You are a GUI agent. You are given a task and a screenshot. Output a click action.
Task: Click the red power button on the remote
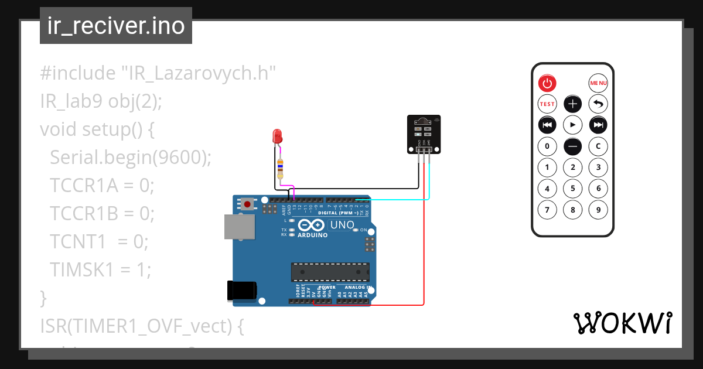pos(547,83)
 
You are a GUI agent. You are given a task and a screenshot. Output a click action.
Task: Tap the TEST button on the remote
pos(547,104)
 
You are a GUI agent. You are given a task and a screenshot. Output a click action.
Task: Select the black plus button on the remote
pos(572,104)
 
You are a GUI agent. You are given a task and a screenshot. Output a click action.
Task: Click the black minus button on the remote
pos(572,146)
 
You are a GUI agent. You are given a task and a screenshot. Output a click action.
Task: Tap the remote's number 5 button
pos(572,188)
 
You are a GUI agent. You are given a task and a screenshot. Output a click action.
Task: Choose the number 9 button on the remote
pos(598,209)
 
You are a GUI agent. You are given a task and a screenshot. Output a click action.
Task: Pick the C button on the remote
pos(598,146)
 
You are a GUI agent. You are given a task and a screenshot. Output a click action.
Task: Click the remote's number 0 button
pos(547,146)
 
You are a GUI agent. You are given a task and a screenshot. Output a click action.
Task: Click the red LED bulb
pos(277,137)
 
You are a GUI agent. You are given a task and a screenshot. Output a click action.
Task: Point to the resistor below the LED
pos(280,168)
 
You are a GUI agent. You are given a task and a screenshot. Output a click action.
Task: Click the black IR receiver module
pos(424,134)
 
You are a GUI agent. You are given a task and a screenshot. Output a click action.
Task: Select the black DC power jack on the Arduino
pos(241,291)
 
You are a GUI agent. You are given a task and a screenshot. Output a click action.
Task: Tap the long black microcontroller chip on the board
pos(330,272)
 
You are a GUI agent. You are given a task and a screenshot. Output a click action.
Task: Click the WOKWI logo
pos(622,323)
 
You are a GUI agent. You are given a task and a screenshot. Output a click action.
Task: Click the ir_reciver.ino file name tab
pos(116,26)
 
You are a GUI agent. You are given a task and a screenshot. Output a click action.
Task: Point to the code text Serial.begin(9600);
pos(130,157)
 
